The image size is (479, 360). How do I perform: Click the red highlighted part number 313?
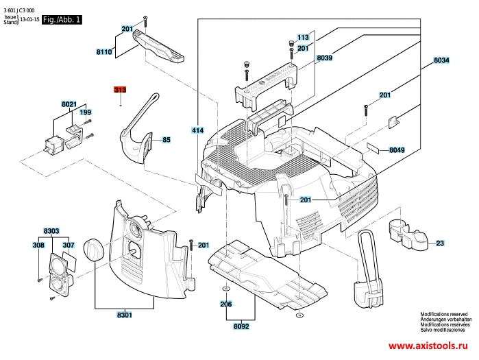[121, 90]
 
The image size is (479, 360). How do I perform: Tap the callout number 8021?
[69, 104]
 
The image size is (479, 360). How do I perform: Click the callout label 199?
[86, 112]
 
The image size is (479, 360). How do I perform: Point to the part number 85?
[166, 141]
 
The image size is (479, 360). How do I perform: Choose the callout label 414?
[198, 130]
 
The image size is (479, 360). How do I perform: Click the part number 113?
[304, 37]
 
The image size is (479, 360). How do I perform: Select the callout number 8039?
[325, 59]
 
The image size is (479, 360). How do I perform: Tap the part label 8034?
[441, 61]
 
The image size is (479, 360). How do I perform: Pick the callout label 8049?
[397, 149]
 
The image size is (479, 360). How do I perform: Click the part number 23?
[440, 243]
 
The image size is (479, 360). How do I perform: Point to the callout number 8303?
[51, 231]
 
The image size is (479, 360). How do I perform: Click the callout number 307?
[69, 245]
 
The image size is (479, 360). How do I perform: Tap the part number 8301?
[124, 315]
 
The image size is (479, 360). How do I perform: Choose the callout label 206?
[225, 304]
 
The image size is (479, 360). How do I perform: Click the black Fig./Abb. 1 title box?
[62, 21]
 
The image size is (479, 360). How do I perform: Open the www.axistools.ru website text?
[430, 346]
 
